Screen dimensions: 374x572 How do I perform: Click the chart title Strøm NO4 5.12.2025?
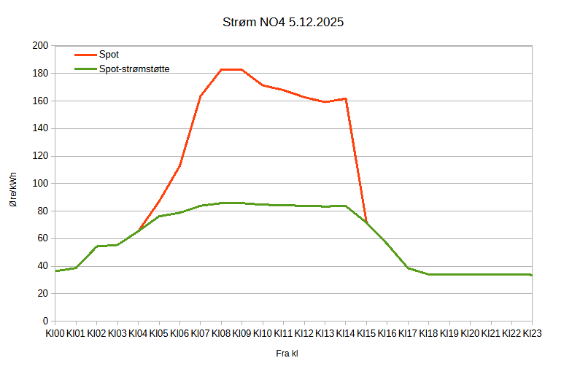click(283, 23)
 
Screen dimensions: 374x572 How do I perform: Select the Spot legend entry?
click(109, 55)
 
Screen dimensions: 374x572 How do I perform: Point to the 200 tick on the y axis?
click(40, 46)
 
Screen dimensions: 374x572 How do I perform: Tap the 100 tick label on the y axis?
click(40, 184)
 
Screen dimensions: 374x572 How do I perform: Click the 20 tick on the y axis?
click(42, 294)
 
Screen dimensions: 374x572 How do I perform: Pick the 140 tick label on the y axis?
click(40, 128)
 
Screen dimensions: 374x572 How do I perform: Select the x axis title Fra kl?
click(287, 354)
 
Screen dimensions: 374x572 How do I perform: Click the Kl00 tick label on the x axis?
click(55, 333)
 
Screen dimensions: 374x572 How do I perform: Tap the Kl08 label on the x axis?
click(221, 333)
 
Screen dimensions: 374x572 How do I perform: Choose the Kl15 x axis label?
click(366, 333)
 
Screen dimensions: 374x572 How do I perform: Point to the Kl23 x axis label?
click(533, 333)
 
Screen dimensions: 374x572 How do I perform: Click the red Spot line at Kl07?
click(200, 96)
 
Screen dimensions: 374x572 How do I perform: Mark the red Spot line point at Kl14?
click(345, 98)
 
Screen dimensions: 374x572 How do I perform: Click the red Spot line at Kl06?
click(179, 166)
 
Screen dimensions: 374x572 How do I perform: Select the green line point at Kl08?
click(221, 203)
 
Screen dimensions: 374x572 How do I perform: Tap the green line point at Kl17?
click(408, 268)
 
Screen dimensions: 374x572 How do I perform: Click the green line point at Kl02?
click(96, 246)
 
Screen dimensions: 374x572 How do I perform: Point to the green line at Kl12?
click(304, 206)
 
